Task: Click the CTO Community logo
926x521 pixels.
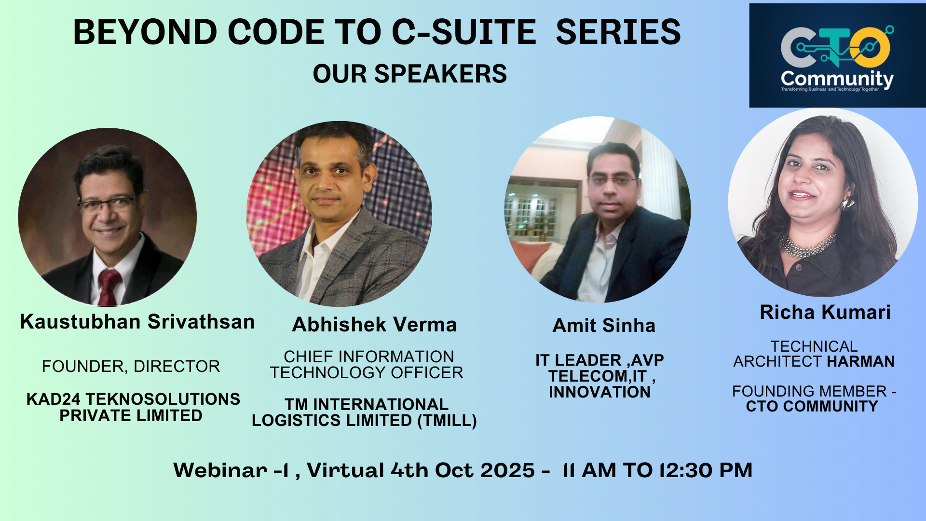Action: click(837, 55)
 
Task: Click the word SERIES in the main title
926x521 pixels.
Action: click(618, 32)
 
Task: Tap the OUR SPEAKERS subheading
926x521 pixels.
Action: click(410, 74)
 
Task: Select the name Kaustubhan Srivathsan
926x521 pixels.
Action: click(137, 322)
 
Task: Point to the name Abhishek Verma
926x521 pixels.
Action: click(374, 325)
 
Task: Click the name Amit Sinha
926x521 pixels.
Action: click(604, 326)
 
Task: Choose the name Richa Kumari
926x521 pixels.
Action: click(825, 313)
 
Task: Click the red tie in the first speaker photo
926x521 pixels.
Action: click(109, 287)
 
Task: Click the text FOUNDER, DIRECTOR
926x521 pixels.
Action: click(131, 367)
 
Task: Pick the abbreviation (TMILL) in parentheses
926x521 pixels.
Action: click(447, 421)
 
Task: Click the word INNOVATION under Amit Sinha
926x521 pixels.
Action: click(599, 392)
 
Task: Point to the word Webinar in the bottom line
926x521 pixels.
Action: click(220, 470)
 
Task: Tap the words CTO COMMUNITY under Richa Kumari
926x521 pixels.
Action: click(812, 407)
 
